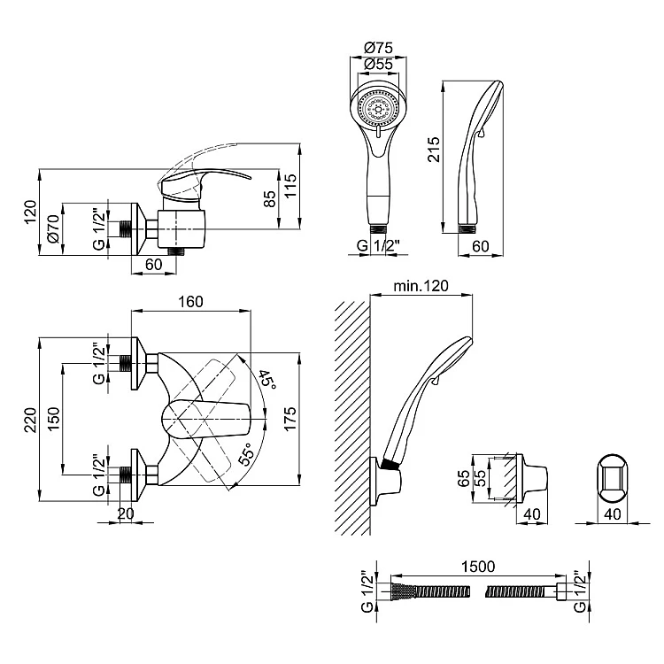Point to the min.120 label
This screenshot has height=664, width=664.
pos(421,285)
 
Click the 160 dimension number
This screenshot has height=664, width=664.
pos(190,301)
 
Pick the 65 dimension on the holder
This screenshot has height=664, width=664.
pos(463,479)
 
